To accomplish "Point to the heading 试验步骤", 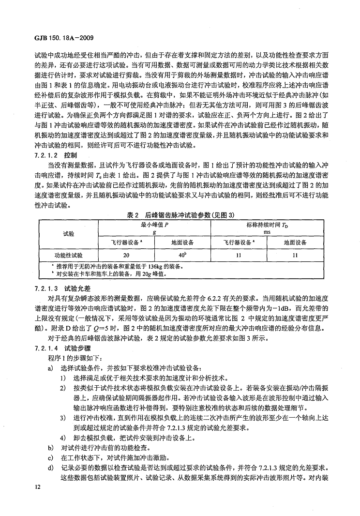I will coord(80,348).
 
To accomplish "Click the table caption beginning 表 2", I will coord(178,214).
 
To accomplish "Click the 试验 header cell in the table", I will coord(69,233).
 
